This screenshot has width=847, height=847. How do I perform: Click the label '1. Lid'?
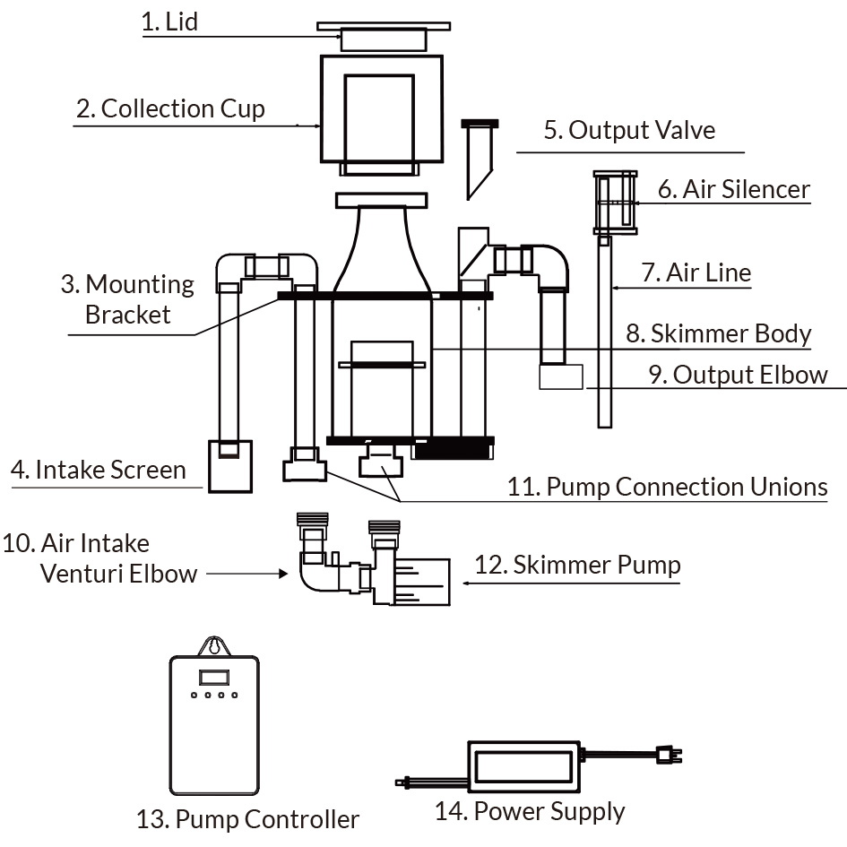(x=169, y=22)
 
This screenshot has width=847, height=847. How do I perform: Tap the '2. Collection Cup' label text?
(x=170, y=108)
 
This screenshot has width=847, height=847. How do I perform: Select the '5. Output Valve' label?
(x=629, y=130)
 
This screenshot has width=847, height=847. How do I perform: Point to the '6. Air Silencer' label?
(x=733, y=189)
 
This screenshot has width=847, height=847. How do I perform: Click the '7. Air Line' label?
(x=696, y=272)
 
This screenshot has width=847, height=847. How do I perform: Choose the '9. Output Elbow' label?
(x=738, y=375)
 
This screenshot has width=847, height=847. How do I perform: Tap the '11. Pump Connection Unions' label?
(x=667, y=487)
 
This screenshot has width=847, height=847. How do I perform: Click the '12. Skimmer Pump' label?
(x=577, y=565)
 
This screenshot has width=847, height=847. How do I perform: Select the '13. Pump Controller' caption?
(x=247, y=819)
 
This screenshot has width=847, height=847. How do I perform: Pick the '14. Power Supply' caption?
(x=530, y=811)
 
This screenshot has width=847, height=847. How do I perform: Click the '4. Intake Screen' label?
(x=99, y=470)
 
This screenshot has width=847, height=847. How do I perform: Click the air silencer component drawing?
(x=615, y=203)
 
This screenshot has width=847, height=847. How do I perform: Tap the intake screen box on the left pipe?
(x=230, y=466)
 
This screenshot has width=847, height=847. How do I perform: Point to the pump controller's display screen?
(x=214, y=678)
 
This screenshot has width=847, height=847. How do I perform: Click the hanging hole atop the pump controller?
(x=214, y=645)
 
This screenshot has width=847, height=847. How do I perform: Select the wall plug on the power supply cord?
(x=669, y=755)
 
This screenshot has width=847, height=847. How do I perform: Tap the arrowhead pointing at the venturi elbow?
(x=283, y=574)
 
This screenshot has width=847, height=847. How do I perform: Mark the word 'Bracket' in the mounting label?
(x=128, y=315)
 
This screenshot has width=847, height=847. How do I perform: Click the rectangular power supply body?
(x=523, y=766)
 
